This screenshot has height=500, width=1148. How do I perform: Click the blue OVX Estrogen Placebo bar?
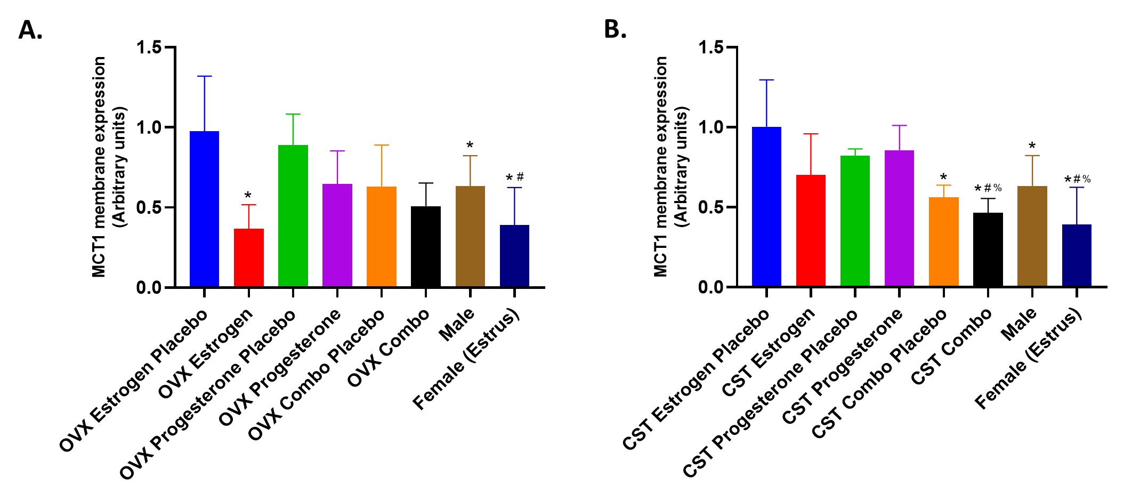pos(205,209)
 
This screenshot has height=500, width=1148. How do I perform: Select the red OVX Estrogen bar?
pos(249,258)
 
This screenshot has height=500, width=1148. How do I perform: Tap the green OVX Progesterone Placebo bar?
pos(293,216)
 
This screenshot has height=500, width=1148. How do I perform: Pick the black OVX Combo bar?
pos(426,247)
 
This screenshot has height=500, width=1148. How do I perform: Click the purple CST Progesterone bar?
pos(899,219)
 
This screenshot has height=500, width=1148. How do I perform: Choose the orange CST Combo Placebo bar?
pos(943,242)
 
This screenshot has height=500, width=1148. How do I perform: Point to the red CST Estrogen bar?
pos(811,231)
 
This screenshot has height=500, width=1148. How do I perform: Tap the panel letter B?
pos(615,29)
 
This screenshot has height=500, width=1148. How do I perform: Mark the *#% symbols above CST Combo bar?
pos(988,189)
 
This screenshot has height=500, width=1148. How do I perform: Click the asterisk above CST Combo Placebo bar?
pos(943,178)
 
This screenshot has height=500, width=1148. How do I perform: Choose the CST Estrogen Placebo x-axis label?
pos(696,379)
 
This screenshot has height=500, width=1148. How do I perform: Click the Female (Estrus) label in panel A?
pos(466,359)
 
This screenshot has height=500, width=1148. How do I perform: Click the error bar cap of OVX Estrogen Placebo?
pos(205,76)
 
